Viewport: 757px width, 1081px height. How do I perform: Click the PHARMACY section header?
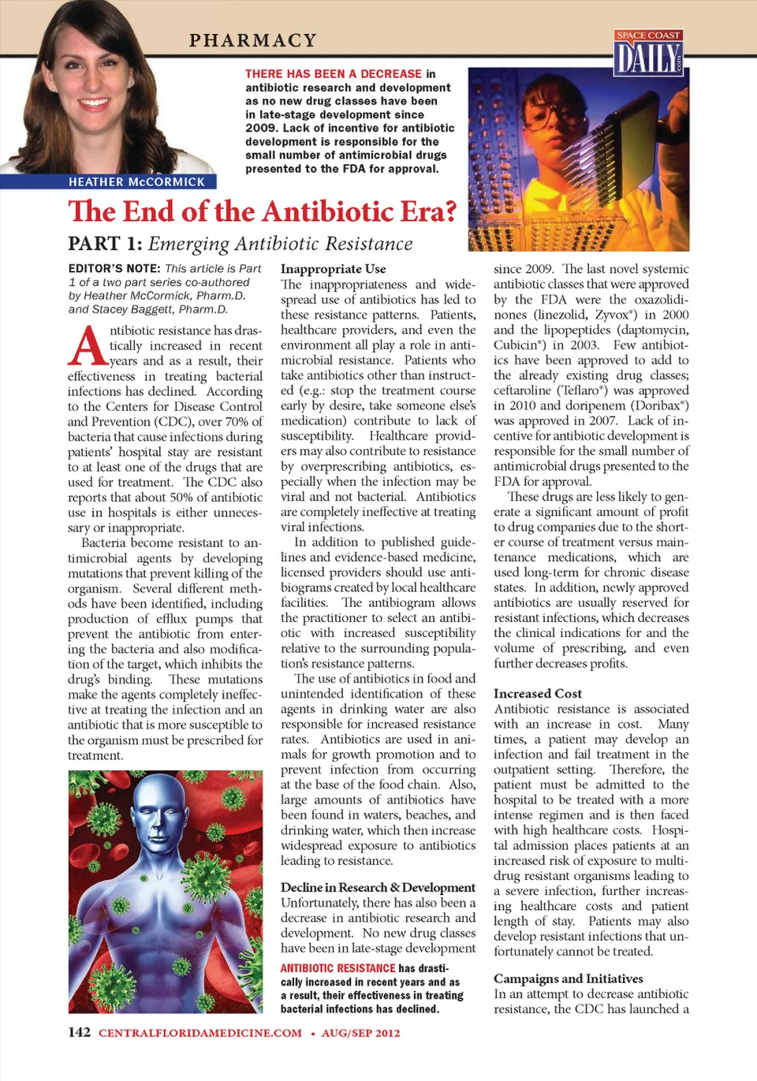coord(252,40)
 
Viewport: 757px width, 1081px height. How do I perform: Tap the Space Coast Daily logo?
coord(648,53)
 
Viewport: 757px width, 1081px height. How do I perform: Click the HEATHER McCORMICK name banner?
coord(136,182)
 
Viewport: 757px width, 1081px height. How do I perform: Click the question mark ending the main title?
coord(449,211)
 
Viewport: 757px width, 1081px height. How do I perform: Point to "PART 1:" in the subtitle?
coord(105,244)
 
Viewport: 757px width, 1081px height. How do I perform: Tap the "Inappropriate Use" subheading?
coord(333,269)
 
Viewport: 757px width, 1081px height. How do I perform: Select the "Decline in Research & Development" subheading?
coord(378,887)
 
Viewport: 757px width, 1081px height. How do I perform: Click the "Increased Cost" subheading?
coord(537,693)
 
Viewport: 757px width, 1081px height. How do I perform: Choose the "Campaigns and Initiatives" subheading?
coord(568,978)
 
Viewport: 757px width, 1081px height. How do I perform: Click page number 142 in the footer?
coord(79,1032)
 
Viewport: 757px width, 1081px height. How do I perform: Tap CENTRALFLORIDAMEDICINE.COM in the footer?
coord(200,1033)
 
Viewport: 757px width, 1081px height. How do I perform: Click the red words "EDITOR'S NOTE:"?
coord(114,269)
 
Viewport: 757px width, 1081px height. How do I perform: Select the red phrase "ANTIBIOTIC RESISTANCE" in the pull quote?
coord(337,968)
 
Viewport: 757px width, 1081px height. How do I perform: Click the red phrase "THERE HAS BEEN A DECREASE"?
coord(334,74)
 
